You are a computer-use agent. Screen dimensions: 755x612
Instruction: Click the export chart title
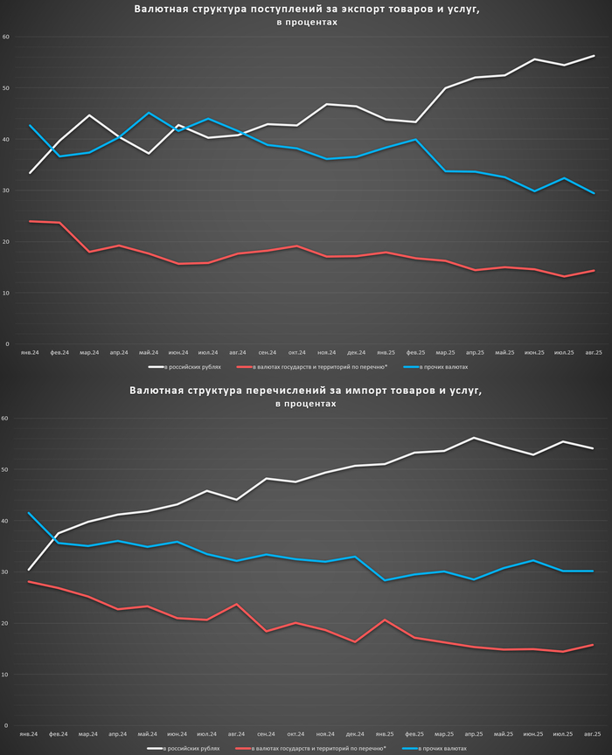pos(307,10)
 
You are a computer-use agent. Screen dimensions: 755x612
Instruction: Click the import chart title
pos(305,391)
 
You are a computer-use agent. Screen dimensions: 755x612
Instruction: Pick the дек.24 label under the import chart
pos(356,734)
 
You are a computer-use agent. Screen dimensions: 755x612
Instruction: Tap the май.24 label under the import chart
pos(149,734)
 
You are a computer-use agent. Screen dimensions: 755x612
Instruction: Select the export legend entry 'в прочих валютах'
pos(449,368)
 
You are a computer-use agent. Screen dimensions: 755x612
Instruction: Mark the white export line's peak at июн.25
pos(534,59)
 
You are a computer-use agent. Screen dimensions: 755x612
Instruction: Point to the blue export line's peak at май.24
pos(149,113)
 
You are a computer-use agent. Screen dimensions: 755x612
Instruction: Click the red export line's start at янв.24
pos(31,221)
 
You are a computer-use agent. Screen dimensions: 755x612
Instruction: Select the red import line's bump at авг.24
pos(237,604)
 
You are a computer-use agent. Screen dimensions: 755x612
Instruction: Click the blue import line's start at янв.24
pos(31,513)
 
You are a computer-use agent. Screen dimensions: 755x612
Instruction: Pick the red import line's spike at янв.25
pos(386,620)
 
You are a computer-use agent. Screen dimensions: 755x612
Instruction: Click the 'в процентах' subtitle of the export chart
pos(305,23)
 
